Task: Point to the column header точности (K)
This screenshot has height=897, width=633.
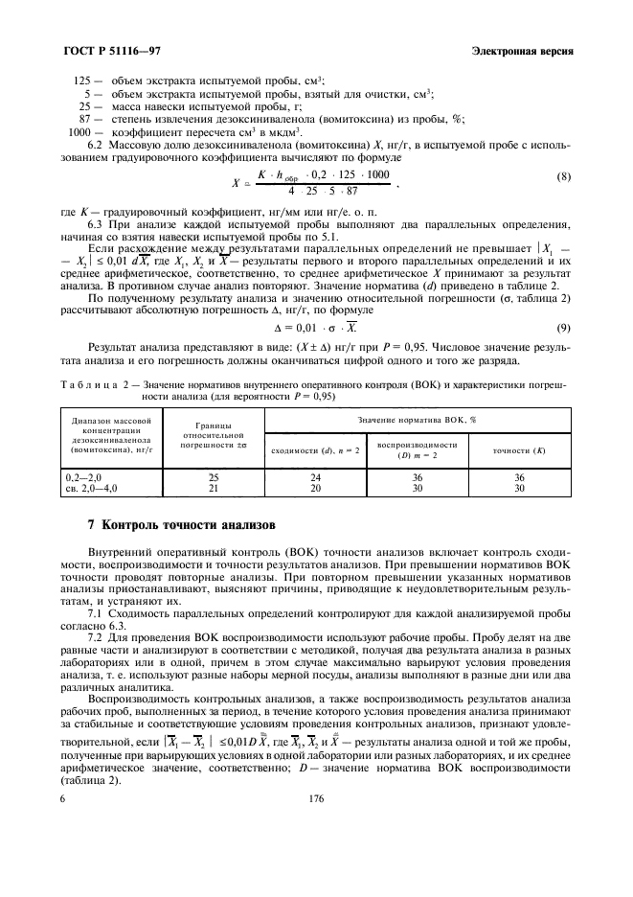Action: pos(519,449)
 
